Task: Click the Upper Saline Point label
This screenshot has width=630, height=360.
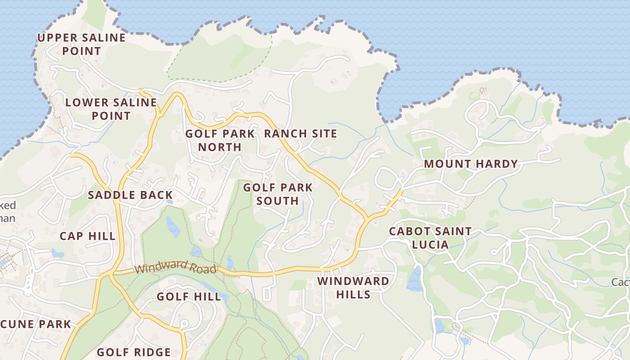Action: (x=81, y=44)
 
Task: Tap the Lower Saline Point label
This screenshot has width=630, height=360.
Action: (x=111, y=109)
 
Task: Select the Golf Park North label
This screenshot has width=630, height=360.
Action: (x=220, y=140)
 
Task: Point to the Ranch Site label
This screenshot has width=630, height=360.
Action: (x=300, y=134)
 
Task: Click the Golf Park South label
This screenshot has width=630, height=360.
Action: (x=278, y=194)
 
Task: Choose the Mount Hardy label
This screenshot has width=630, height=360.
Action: (x=471, y=164)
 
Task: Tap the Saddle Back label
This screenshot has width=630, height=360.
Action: (x=130, y=195)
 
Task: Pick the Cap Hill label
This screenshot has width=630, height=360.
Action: (x=87, y=236)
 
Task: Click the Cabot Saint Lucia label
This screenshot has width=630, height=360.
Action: (x=430, y=238)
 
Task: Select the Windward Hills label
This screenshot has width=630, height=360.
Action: (x=353, y=288)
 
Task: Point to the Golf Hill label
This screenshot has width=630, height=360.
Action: (x=189, y=297)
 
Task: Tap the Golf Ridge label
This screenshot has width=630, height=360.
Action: (x=134, y=352)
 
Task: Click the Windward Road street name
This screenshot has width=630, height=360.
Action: (x=175, y=268)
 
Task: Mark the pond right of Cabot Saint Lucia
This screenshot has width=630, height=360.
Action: (x=414, y=279)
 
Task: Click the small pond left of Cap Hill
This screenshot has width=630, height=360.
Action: (x=57, y=253)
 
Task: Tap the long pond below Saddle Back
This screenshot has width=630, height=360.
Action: (x=173, y=226)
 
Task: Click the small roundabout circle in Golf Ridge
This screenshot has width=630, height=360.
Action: (x=183, y=324)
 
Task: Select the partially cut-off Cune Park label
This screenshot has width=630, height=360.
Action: (x=36, y=324)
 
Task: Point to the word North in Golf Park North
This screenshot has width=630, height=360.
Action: (x=220, y=147)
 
